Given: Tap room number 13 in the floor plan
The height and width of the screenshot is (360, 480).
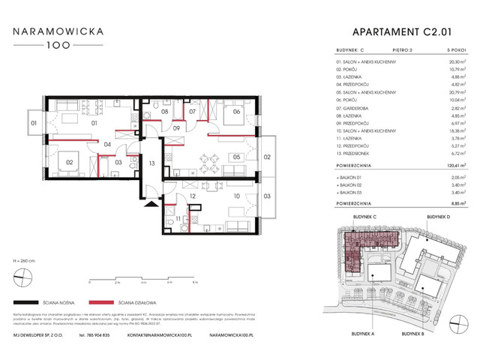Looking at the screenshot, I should [151, 163].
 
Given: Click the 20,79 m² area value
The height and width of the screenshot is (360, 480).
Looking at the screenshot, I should [448, 91].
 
